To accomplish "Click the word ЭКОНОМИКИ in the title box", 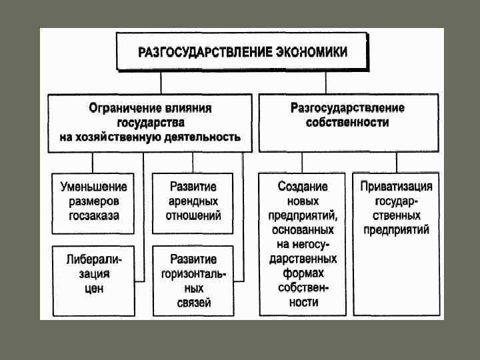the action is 311,52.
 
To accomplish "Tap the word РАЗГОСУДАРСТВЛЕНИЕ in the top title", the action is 205,52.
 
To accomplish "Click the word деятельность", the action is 200,138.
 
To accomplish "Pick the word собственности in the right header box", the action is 348,123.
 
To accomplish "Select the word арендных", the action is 193,201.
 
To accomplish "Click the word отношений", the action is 193,216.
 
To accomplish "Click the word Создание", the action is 303,187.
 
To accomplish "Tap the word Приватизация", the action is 396,187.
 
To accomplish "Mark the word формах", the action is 303,274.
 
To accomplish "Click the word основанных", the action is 303,230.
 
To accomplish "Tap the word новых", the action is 303,201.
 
